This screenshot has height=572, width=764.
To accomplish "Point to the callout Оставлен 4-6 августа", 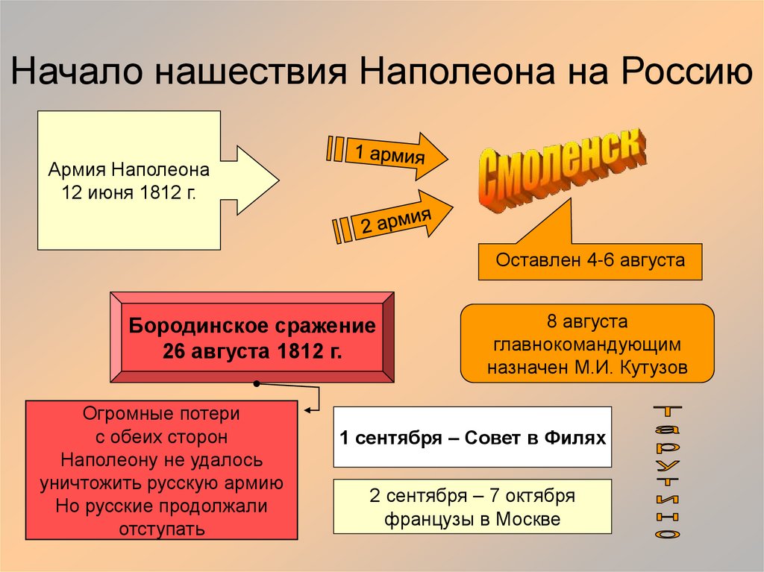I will pos(590,261).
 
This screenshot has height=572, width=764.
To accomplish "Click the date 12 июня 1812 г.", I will pos(129,192).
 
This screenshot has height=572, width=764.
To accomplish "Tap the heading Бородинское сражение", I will pos(252,327).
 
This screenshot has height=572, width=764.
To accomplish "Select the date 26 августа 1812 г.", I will pos(252,352).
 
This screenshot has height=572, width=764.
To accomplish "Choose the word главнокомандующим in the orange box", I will pos(588,346).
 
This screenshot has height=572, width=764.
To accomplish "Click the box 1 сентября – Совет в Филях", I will pos(472,437).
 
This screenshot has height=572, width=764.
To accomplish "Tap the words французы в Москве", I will pos(472,519).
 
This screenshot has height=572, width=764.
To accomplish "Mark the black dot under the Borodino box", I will pos(257,385).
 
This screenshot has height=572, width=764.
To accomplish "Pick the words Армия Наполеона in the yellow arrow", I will pos(129,169).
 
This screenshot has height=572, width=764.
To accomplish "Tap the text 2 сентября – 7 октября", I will pos(472,496).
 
